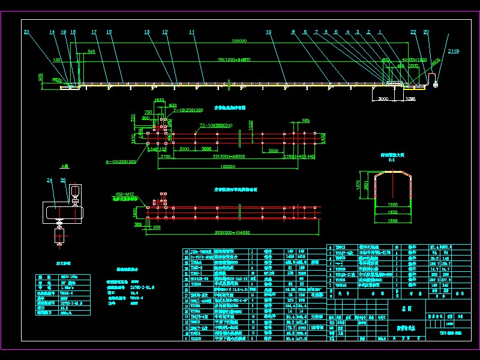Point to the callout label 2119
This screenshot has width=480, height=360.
(453, 52)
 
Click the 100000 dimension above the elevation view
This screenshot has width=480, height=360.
(239, 41)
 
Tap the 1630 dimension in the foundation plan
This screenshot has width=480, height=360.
(160, 100)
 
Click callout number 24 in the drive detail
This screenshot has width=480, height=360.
(49, 179)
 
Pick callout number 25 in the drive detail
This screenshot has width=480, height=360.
(63, 179)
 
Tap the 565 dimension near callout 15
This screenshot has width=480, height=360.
(91, 52)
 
